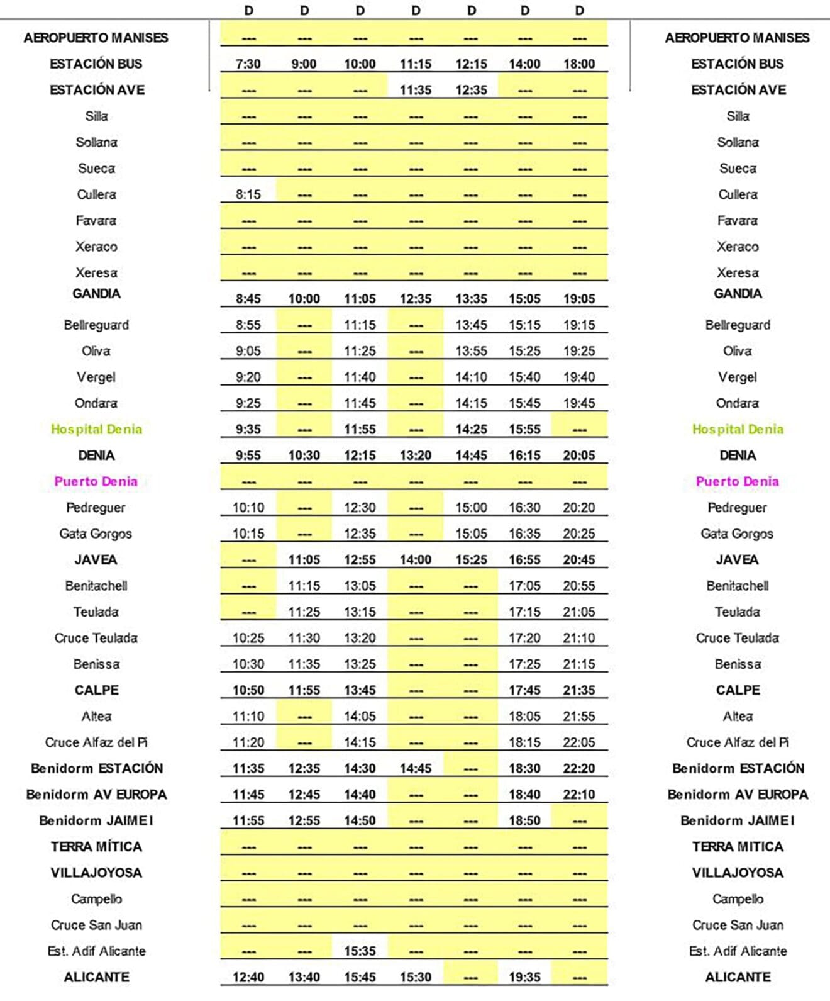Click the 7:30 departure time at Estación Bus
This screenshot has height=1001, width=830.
tap(248, 64)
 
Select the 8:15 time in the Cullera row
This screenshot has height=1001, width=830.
tap(248, 194)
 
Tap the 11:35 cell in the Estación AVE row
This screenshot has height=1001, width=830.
tap(416, 90)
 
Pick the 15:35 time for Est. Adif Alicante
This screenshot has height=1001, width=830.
tap(360, 951)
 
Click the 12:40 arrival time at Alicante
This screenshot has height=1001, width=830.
tap(248, 977)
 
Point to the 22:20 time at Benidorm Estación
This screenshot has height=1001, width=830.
tap(578, 768)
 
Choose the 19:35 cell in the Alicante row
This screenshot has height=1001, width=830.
tap(524, 977)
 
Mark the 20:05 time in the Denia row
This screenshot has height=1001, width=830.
tap(578, 455)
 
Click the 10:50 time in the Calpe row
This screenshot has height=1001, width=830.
tap(248, 690)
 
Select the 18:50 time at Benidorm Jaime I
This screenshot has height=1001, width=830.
tap(524, 820)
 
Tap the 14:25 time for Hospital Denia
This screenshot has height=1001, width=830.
tap(471, 429)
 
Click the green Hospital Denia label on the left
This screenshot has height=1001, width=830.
tap(96, 429)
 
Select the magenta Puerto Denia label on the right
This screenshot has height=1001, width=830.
tap(737, 481)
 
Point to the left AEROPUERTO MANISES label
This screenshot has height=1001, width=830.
tap(96, 38)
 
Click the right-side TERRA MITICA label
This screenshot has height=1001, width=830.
tap(737, 847)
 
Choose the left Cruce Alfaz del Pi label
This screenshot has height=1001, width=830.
tap(96, 742)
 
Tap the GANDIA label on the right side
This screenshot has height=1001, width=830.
tap(737, 294)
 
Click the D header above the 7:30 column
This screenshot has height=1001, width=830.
tap(248, 11)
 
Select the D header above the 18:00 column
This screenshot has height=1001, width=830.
tap(579, 11)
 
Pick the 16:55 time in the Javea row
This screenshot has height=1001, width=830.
tap(524, 559)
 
